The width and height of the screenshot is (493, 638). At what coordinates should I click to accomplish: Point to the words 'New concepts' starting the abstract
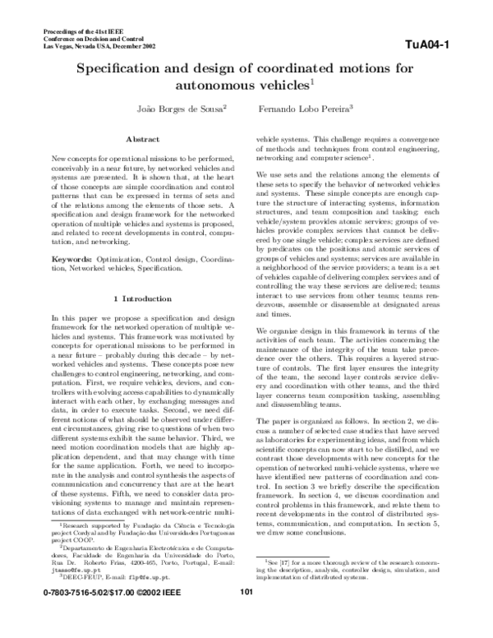pyautogui.click(x=73, y=156)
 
